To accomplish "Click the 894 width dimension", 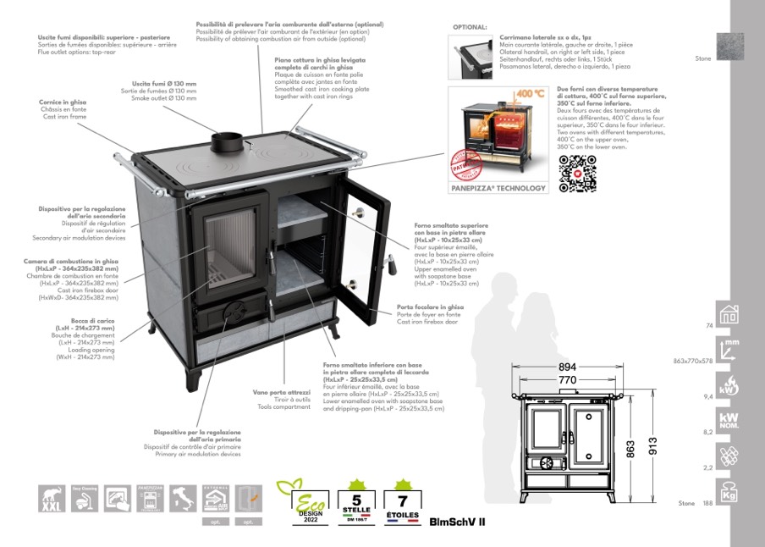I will coord(567,367).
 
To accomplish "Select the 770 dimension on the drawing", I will coord(566,381).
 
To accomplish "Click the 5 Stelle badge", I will coord(355,501).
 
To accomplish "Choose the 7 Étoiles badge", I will coord(403,501).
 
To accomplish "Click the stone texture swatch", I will coord(729,47).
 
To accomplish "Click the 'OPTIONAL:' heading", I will coord(471,27).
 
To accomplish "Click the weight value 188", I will coord(707,503).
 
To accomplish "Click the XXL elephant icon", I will coord(52,499).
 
